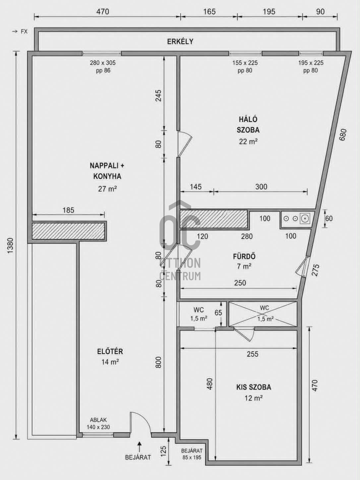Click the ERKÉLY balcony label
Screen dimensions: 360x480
(x=180, y=41)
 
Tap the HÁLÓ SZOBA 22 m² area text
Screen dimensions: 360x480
(x=248, y=142)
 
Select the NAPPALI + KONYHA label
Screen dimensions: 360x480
(x=107, y=171)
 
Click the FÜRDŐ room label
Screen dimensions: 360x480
(x=244, y=256)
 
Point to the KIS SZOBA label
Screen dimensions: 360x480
(x=254, y=387)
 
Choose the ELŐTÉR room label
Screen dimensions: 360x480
(x=110, y=351)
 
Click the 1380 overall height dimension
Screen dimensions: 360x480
(x=11, y=246)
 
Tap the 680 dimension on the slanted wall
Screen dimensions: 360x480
(x=343, y=135)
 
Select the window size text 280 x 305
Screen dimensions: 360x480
(x=103, y=63)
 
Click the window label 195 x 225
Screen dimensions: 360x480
(x=311, y=63)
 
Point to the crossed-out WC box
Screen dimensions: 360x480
(x=263, y=314)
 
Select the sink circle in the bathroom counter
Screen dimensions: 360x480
(x=305, y=218)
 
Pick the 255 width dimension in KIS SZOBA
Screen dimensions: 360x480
(x=253, y=354)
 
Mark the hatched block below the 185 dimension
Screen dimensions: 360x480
(x=68, y=231)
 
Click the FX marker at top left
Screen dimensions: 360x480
(x=24, y=31)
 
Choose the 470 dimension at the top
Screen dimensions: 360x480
(x=102, y=11)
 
